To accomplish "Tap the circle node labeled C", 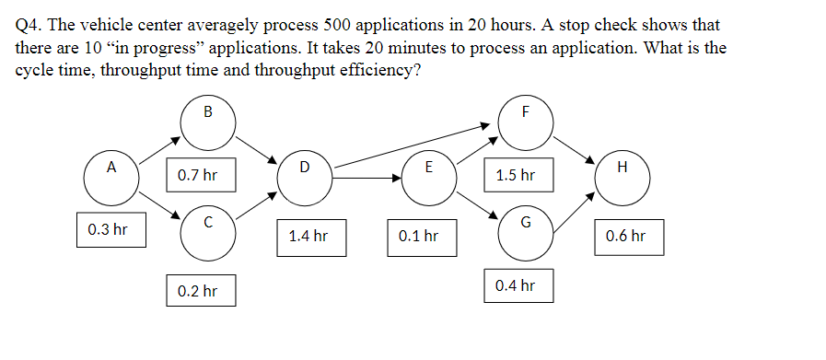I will (x=207, y=231).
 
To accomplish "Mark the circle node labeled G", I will (x=525, y=231).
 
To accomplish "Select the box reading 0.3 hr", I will (x=108, y=229).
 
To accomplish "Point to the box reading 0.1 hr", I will (x=418, y=236).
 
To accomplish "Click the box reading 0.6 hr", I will (x=626, y=236).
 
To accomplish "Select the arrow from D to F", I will (x=414, y=145).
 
